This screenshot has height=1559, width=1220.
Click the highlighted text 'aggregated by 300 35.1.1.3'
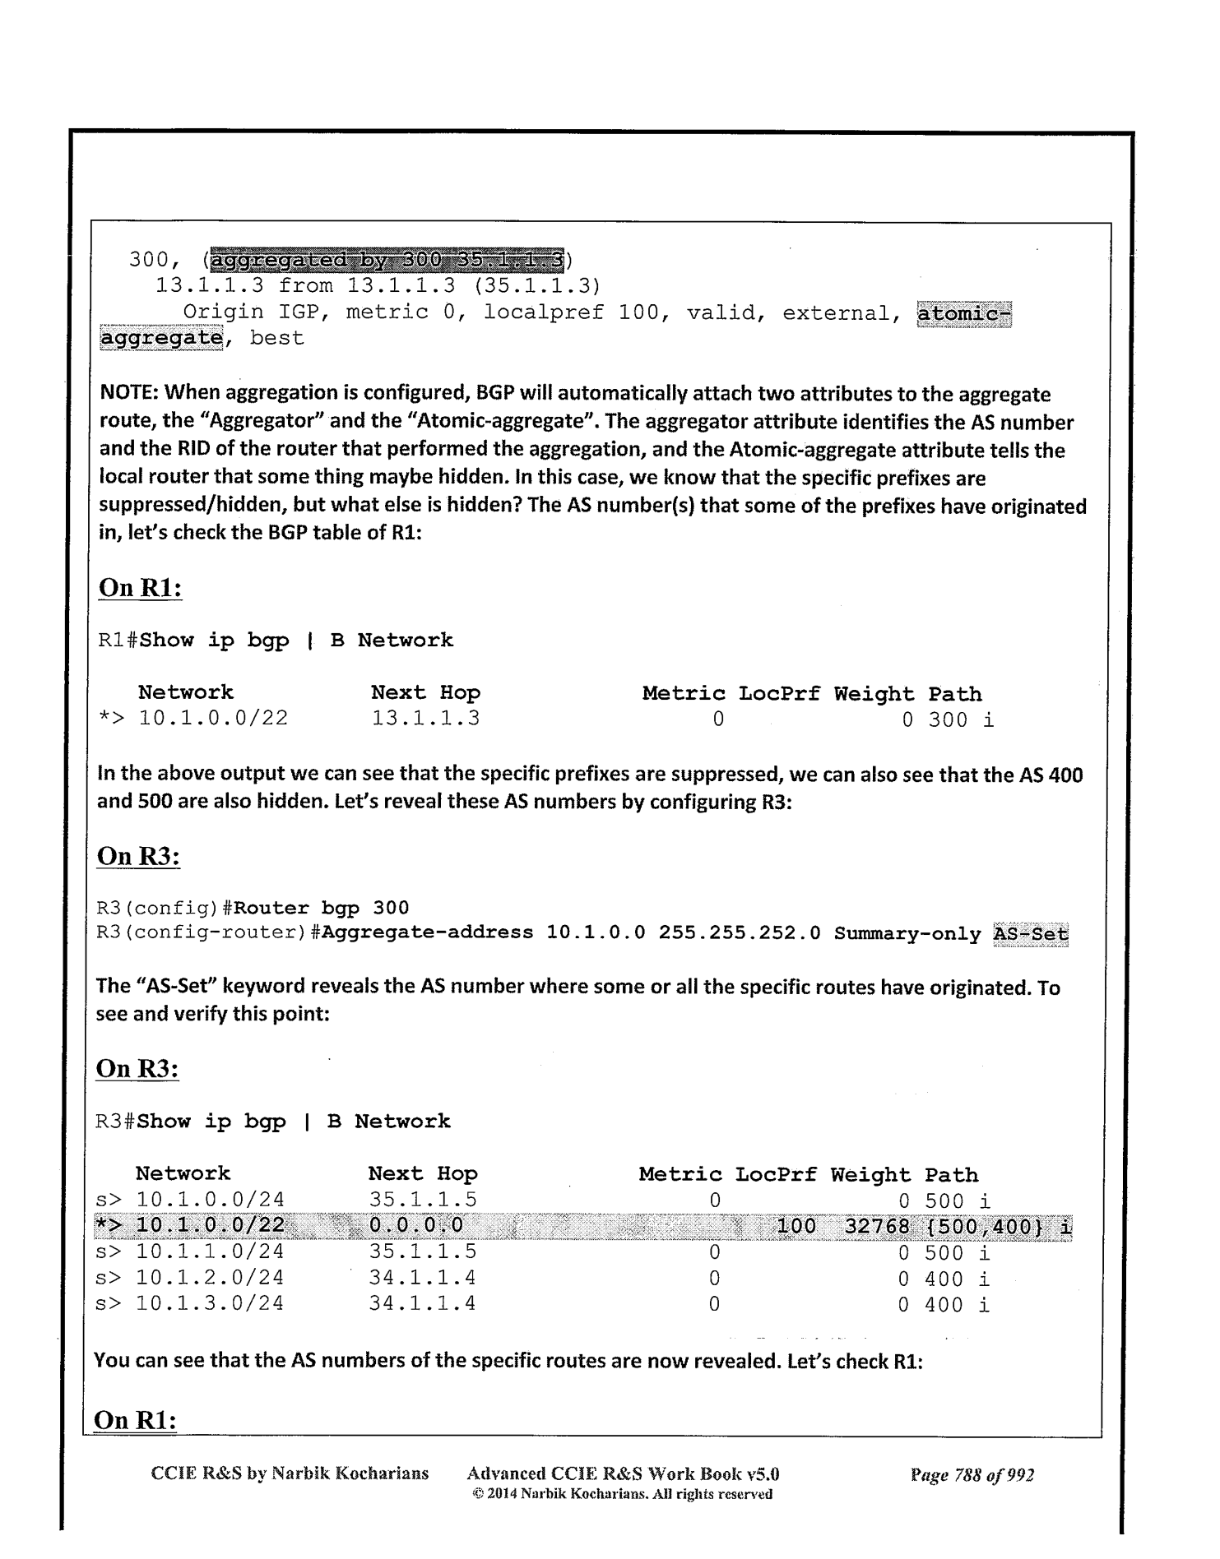[x=387, y=260]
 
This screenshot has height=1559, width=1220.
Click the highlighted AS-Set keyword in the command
[x=1031, y=934]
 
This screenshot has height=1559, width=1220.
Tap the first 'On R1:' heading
[x=140, y=588]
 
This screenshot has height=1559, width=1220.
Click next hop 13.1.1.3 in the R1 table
[x=425, y=719]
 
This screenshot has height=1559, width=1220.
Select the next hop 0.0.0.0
[x=415, y=1226]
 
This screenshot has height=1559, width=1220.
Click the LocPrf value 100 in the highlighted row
[x=796, y=1227]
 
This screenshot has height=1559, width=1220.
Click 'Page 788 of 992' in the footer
[x=972, y=1475]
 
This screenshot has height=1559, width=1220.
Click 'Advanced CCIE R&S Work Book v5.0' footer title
[x=623, y=1473]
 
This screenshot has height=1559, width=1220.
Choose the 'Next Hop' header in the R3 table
[x=423, y=1173]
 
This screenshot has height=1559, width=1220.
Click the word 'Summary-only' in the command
[x=907, y=934]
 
